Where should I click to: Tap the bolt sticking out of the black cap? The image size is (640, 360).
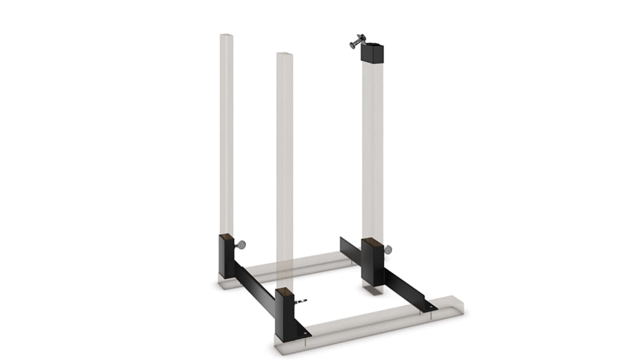pyautogui.click(x=355, y=43)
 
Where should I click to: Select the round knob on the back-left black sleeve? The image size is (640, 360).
pyautogui.click(x=241, y=245)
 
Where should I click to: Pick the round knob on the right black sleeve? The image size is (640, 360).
pyautogui.click(x=389, y=249)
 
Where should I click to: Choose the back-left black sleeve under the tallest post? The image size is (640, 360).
pyautogui.click(x=226, y=257)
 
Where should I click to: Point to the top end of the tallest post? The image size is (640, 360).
pyautogui.click(x=226, y=35)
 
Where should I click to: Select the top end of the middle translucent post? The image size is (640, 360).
pyautogui.click(x=285, y=54)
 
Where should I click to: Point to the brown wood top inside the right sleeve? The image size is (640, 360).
pyautogui.click(x=372, y=242)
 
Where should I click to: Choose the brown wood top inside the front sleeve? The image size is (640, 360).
pyautogui.click(x=283, y=291)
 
